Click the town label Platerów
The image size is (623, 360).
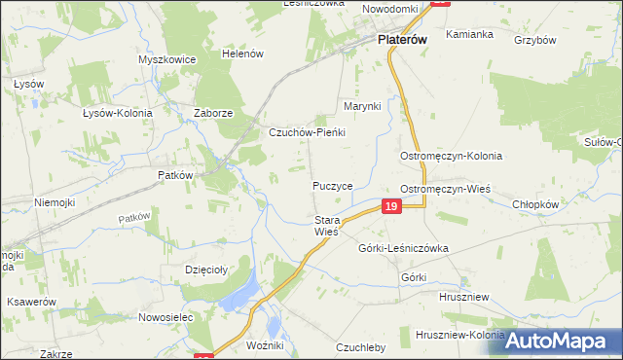[403, 41]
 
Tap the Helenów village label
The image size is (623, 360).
[242, 54]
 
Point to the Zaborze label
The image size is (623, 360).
[212, 113]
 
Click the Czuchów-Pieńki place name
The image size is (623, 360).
[308, 131]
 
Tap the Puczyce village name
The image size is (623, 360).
[332, 185]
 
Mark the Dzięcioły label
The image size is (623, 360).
[206, 270]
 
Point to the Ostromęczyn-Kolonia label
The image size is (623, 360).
[451, 156]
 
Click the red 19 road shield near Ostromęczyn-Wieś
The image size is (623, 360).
[390, 206]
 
